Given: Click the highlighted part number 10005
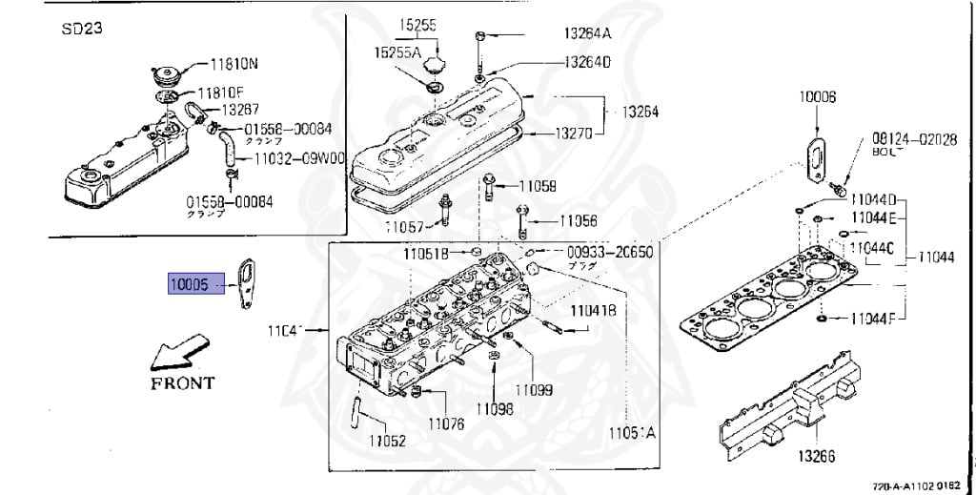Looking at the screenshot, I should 189,284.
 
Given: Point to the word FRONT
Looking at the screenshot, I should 182,383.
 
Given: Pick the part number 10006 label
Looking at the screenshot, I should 818,97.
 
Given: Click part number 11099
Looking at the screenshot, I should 534,390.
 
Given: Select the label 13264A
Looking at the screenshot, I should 586,33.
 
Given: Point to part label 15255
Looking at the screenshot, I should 417,26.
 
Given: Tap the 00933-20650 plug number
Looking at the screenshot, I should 610,252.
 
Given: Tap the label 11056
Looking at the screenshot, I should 578,220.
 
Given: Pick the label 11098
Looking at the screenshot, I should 496,409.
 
